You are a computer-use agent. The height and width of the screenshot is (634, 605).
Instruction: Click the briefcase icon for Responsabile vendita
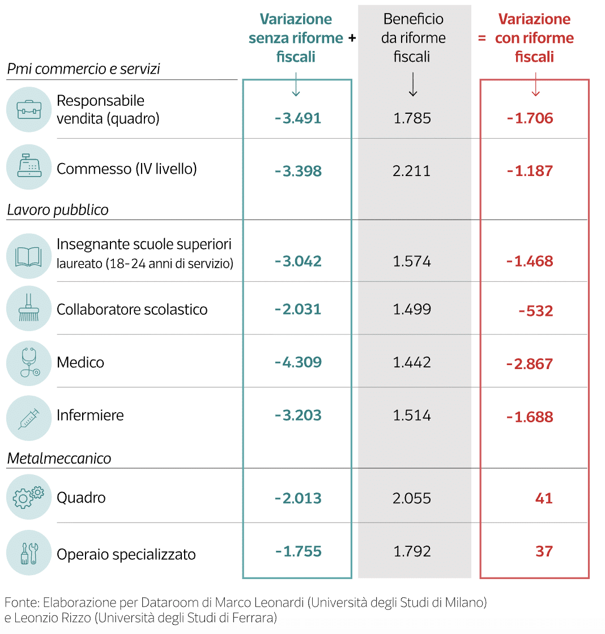[29, 110]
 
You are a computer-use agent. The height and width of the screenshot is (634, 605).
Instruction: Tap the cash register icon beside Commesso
[29, 167]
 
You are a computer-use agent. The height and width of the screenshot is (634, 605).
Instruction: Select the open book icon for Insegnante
[29, 256]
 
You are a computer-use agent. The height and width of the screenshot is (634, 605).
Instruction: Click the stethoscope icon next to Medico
[29, 363]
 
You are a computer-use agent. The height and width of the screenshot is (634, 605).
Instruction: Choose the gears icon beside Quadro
[29, 497]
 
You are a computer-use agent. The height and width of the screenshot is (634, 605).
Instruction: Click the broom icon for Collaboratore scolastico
[29, 309]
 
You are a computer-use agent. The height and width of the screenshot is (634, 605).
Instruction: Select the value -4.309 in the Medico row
[298, 362]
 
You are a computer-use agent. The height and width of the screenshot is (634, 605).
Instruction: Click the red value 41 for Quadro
[543, 498]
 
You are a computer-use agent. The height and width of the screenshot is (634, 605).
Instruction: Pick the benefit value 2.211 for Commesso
[412, 171]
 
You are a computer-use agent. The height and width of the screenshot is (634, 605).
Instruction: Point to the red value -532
[535, 311]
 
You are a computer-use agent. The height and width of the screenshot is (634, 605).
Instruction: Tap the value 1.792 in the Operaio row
[412, 551]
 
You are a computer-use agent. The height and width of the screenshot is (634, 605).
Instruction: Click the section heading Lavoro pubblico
[58, 210]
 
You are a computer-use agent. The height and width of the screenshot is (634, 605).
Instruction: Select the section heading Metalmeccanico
[59, 459]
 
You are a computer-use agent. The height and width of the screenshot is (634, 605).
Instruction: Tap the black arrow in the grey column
[413, 85]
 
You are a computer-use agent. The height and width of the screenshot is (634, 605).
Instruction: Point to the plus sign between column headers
[352, 38]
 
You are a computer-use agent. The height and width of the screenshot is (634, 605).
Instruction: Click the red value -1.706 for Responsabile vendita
[530, 118]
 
